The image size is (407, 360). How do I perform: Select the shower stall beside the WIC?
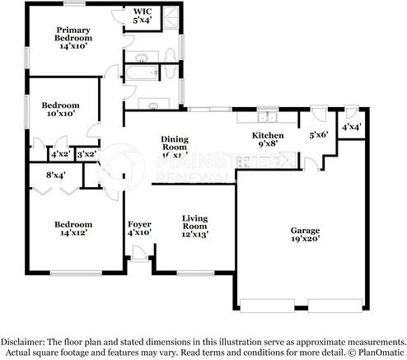point(168,19)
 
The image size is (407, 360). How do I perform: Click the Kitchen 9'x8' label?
point(268,140)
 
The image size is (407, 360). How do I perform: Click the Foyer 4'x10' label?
point(138,228)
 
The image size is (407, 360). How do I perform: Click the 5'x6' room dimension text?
point(319,135)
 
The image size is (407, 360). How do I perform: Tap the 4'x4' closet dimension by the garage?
point(352,127)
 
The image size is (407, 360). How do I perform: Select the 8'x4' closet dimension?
point(56,174)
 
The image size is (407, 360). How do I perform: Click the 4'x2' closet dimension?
point(59,154)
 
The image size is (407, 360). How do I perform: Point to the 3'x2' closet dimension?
point(85,154)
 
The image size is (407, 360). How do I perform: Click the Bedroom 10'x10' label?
point(61,109)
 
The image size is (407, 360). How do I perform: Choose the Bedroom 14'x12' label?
point(73,228)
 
